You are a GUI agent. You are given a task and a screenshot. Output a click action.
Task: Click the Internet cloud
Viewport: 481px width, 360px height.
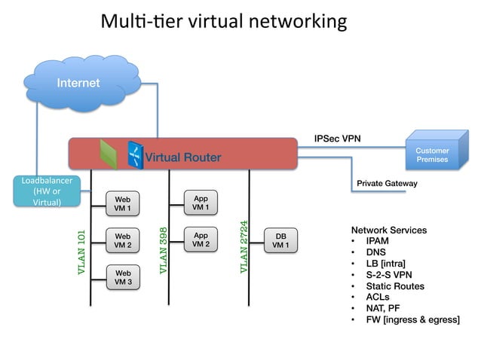pyautogui.click(x=78, y=84)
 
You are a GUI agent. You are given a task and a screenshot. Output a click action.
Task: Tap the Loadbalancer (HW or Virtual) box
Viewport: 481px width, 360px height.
pyautogui.click(x=41, y=192)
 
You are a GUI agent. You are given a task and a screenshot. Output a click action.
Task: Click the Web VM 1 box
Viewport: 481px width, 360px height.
pyautogui.click(x=122, y=203)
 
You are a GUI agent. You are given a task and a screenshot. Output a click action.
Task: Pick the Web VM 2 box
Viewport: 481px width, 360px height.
pyautogui.click(x=122, y=240)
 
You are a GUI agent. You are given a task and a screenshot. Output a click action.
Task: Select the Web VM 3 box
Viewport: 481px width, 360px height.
pyautogui.click(x=122, y=277)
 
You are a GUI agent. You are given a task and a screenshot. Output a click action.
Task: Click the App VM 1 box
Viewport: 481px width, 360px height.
pyautogui.click(x=201, y=203)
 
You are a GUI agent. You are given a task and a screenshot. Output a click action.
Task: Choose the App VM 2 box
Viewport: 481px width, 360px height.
pyautogui.click(x=201, y=239)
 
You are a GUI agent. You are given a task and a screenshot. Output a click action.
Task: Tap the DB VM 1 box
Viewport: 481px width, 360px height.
pyautogui.click(x=280, y=240)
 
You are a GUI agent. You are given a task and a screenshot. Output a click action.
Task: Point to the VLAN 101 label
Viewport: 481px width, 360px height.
pyautogui.click(x=82, y=252)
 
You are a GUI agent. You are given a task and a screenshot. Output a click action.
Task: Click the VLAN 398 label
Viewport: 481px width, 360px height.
pyautogui.click(x=163, y=250)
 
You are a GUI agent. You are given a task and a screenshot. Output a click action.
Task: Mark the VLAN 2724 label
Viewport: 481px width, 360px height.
pyautogui.click(x=243, y=246)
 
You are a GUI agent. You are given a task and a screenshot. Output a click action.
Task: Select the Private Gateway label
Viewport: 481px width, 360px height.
pyautogui.click(x=386, y=183)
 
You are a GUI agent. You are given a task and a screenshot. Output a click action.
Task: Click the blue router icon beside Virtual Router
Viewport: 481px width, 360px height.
pyautogui.click(x=135, y=154)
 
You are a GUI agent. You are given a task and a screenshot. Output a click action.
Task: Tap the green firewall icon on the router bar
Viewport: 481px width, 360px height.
pyautogui.click(x=109, y=154)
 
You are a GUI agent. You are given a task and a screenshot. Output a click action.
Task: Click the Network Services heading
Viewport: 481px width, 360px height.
pyautogui.click(x=388, y=230)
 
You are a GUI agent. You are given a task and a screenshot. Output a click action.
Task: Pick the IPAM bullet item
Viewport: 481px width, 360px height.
pyautogui.click(x=379, y=241)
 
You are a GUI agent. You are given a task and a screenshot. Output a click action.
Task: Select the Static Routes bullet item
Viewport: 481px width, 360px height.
pyautogui.click(x=395, y=286)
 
